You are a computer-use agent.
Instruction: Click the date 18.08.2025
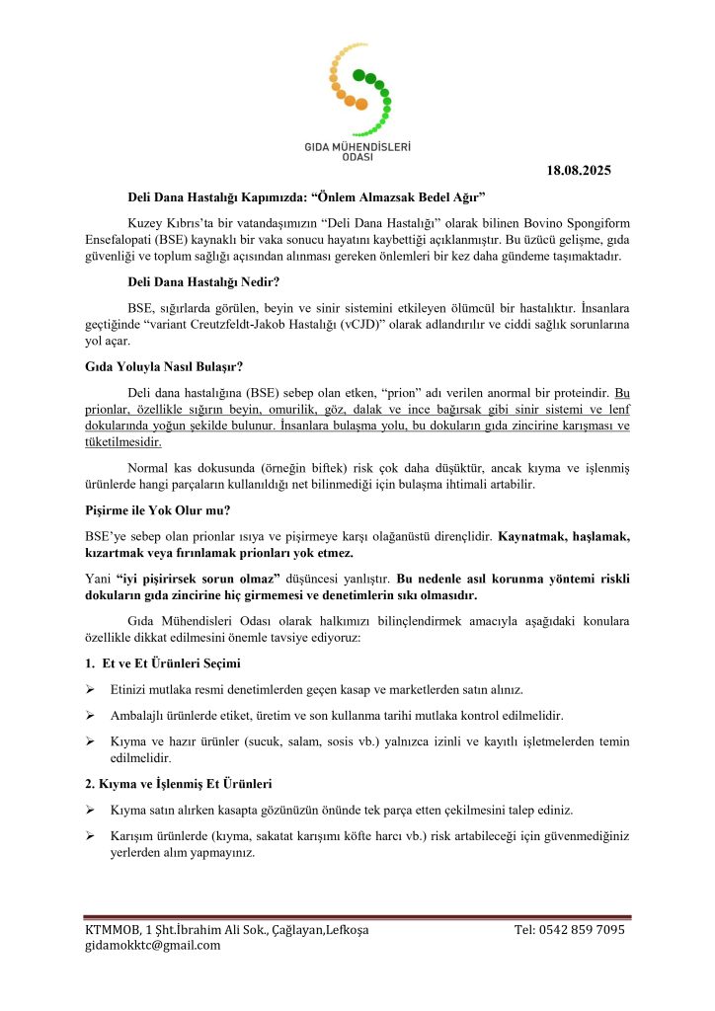(x=579, y=171)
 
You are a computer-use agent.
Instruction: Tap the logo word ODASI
(x=357, y=157)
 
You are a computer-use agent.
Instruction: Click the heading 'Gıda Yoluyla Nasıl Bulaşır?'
(x=152, y=367)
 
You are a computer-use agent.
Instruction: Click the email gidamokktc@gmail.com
(x=153, y=946)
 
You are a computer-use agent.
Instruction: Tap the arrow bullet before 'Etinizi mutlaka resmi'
(x=90, y=689)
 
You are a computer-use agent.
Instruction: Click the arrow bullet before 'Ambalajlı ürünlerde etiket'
(x=90, y=714)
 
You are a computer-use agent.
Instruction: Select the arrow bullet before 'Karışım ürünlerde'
(x=90, y=835)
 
